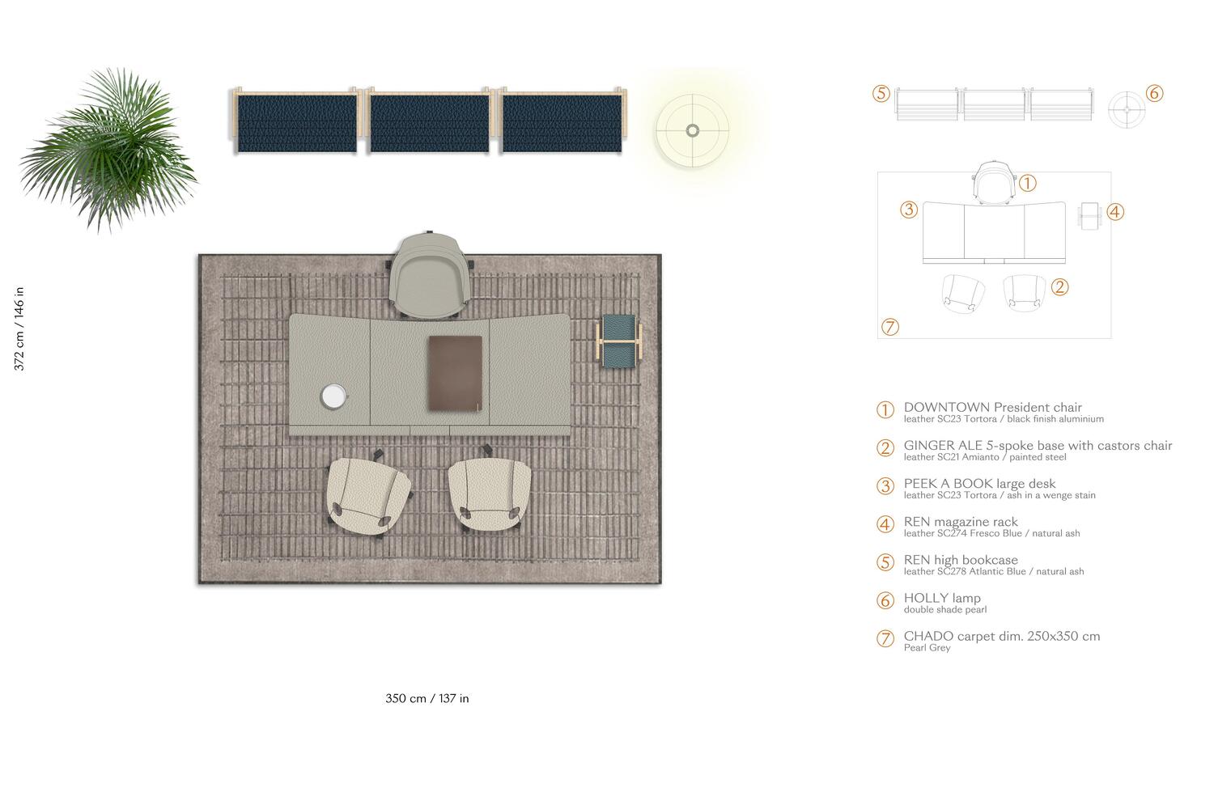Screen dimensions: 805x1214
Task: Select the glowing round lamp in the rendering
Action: pyautogui.click(x=692, y=129)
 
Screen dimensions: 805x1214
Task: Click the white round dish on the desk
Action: pyautogui.click(x=333, y=396)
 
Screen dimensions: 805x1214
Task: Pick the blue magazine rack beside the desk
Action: pyautogui.click(x=620, y=341)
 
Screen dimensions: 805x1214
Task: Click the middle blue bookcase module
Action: pyautogui.click(x=429, y=121)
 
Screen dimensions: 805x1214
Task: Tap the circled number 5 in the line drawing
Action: pyautogui.click(x=881, y=94)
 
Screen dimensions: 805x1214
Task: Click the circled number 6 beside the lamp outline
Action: pyautogui.click(x=1155, y=94)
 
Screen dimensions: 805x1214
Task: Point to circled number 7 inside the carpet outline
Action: pyautogui.click(x=889, y=327)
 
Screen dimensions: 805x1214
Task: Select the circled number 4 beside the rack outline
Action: pyautogui.click(x=1115, y=212)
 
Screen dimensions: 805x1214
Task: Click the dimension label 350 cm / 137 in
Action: pyautogui.click(x=427, y=698)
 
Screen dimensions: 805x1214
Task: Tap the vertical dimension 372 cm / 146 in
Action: pyautogui.click(x=19, y=328)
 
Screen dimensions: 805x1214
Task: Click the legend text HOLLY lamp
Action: pyautogui.click(x=942, y=598)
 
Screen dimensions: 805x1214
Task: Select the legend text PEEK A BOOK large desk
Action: pyautogui.click(x=979, y=484)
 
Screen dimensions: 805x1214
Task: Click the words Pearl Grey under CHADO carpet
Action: pyautogui.click(x=927, y=648)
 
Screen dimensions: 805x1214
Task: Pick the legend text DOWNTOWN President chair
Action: pyautogui.click(x=992, y=408)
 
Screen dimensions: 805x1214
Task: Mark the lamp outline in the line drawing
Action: pyautogui.click(x=1126, y=109)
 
